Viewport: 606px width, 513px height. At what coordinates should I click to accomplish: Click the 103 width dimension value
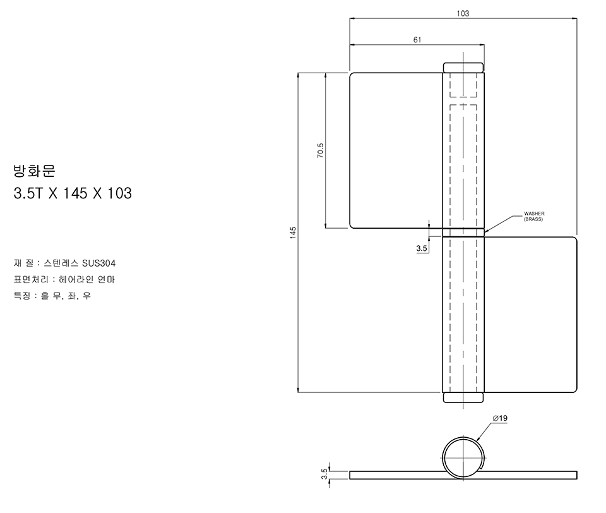pos(463,13)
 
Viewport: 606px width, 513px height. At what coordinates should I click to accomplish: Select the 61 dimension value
pos(417,40)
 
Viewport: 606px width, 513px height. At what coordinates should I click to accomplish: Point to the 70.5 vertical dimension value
pos(321,150)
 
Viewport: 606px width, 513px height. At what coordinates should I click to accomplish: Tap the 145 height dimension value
pos(293,232)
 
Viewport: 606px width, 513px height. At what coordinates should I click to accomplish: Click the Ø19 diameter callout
pos(500,418)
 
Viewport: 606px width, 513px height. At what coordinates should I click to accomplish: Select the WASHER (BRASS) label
pos(534,216)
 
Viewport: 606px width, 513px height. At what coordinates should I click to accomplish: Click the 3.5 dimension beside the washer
pos(422,248)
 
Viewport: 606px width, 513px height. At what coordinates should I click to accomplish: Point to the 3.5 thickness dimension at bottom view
pos(324,474)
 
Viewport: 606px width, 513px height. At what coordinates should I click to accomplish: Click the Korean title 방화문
pos(34,171)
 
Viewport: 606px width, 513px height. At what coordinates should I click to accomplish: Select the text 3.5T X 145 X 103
pos(73,193)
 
